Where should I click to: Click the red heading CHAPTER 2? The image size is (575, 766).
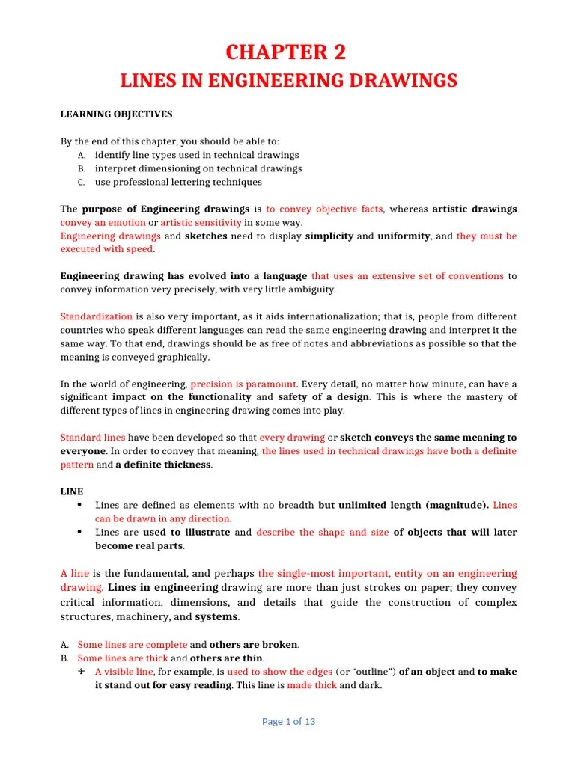point(287,52)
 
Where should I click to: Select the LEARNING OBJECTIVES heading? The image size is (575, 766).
point(116,114)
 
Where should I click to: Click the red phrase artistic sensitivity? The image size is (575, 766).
point(201,222)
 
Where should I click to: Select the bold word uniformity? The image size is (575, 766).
point(404,236)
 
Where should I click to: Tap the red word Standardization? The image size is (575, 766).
point(96,316)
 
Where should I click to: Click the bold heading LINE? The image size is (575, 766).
point(72,491)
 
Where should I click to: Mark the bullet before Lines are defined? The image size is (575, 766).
point(80,505)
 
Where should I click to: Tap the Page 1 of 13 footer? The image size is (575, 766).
point(288,721)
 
